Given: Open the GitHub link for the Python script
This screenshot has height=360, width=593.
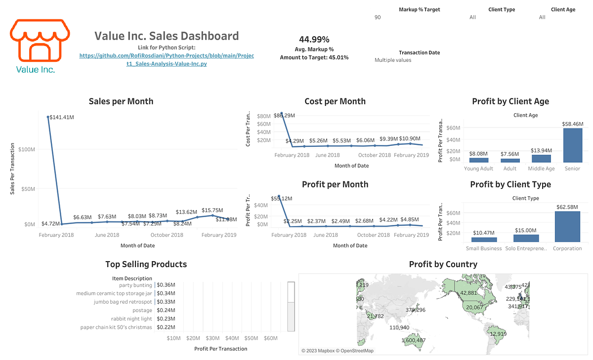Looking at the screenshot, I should pos(167,60).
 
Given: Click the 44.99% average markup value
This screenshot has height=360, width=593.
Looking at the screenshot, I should pos(314,40).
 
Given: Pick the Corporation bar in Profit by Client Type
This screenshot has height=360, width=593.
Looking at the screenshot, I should pos(567,226).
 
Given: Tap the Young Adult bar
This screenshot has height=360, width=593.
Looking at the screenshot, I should pos(479,160).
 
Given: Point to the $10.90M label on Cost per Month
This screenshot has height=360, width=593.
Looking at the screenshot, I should pos(411,139).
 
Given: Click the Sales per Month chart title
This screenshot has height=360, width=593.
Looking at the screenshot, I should pos(121,101).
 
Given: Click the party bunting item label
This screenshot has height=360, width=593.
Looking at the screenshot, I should pos(135,285).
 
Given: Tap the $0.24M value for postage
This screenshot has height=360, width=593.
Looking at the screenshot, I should pos(166,311).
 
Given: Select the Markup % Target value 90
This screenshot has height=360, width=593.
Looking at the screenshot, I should pos(378,17).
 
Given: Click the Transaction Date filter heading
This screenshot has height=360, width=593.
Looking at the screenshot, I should pos(419,52).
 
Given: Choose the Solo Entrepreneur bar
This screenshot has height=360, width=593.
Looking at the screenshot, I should pos(525,238).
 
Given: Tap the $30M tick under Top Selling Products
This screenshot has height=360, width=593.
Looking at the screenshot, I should pos(212,338).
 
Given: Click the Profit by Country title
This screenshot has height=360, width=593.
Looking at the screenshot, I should pos(443,265).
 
